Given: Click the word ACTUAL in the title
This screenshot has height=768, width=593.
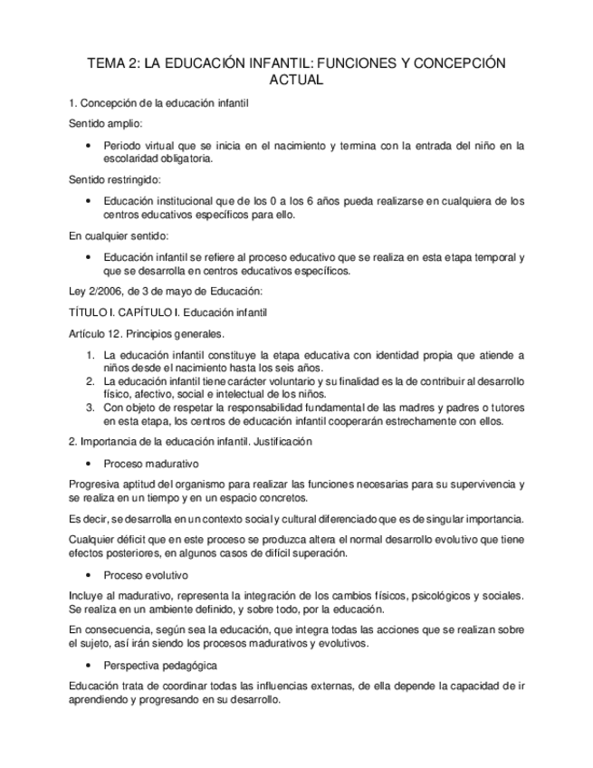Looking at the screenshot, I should tap(296, 80).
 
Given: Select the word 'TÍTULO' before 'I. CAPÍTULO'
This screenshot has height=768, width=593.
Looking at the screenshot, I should tap(88, 312).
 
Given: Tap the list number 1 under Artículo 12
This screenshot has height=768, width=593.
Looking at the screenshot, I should tap(91, 354).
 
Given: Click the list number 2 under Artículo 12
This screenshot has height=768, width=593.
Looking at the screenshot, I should tap(91, 381).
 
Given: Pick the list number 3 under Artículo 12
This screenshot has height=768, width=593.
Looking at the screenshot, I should tap(91, 408).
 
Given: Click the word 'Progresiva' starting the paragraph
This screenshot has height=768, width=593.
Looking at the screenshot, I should tap(93, 484).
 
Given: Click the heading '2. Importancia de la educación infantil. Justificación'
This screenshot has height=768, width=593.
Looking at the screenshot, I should tap(190, 442).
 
